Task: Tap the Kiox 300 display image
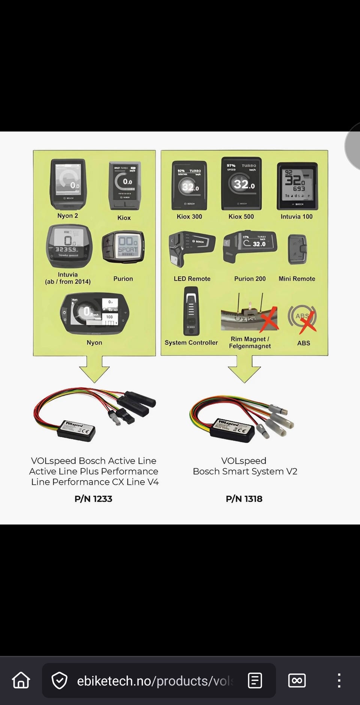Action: point(189,185)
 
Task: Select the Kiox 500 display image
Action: point(241,184)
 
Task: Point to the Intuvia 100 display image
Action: point(297,186)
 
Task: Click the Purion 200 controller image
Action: point(250,246)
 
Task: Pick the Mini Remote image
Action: point(297,249)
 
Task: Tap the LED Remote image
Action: point(191,248)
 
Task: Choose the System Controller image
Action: point(191,311)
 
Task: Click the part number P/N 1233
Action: point(93,499)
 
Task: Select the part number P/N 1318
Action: point(244,499)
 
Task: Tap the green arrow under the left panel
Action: point(94,368)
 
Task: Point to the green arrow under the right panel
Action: point(244,368)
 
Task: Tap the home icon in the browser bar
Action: point(21,680)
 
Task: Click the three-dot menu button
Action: point(339,680)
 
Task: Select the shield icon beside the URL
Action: point(59,681)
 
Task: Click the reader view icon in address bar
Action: point(255,680)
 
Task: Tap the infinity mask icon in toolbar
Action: point(297,680)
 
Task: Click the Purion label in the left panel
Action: point(123,279)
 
